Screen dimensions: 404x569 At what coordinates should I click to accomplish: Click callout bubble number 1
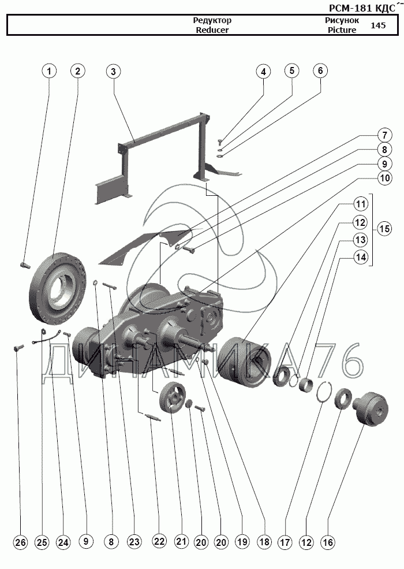point(49,71)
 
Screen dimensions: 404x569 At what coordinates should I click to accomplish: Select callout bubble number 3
point(113,71)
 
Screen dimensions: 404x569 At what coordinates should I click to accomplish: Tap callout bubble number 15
point(384,229)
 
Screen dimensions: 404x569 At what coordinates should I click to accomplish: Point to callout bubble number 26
point(20,542)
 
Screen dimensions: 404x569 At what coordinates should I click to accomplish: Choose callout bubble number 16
point(328,542)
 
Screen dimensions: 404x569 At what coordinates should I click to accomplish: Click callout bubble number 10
point(384,178)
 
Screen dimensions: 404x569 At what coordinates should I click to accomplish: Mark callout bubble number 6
point(320,71)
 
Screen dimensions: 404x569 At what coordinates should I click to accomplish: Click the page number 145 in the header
point(379,25)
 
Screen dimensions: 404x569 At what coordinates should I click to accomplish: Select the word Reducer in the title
point(212,30)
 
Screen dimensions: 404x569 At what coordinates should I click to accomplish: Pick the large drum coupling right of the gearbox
point(244,360)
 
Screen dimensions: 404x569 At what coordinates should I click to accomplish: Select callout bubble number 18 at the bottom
point(264,542)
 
